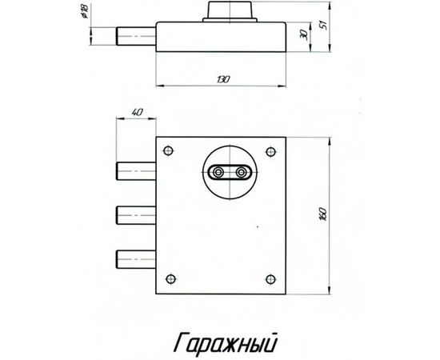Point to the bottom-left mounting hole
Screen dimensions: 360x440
(170, 278)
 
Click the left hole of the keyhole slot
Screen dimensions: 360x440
(218, 170)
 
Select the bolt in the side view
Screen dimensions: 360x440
(136, 37)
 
